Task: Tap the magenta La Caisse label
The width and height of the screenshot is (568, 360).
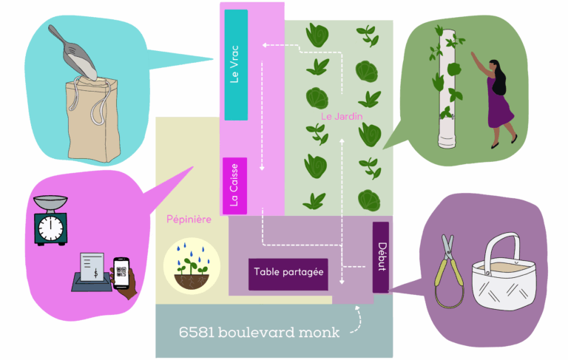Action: pyautogui.click(x=234, y=185)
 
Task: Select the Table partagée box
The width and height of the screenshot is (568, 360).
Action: pyautogui.click(x=288, y=273)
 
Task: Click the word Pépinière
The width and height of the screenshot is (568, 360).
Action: pyautogui.click(x=188, y=220)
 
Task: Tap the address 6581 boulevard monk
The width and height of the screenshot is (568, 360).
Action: pyautogui.click(x=259, y=332)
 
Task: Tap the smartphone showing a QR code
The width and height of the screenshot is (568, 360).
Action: pyautogui.click(x=120, y=273)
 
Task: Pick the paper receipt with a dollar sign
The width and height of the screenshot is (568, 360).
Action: pyautogui.click(x=93, y=266)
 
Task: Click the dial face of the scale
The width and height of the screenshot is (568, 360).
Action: pyautogui.click(x=50, y=228)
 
